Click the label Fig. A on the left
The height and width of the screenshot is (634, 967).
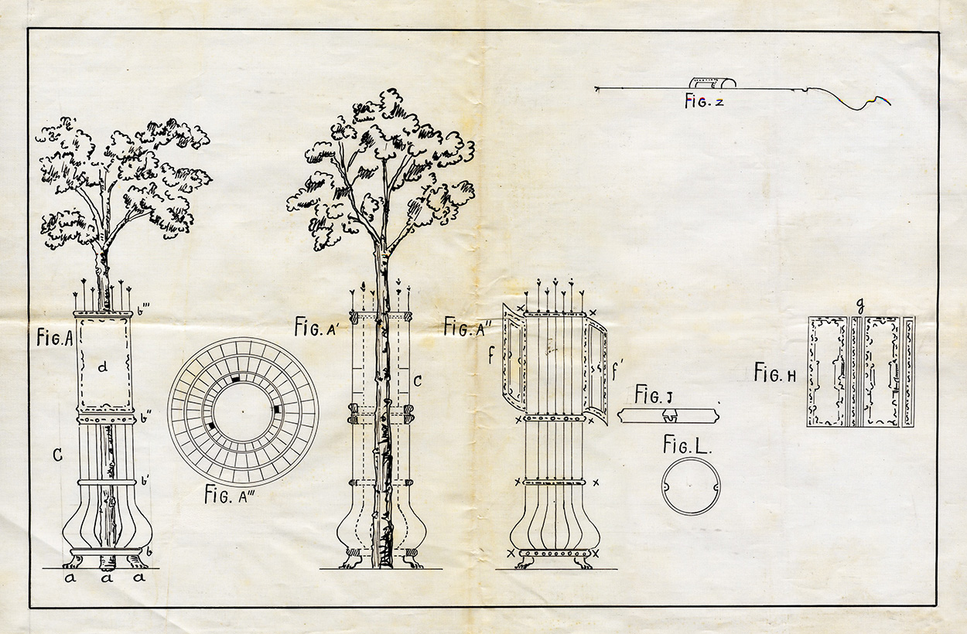54,338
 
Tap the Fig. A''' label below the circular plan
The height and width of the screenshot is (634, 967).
230,495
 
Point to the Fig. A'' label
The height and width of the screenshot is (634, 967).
466,326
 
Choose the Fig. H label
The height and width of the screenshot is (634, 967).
775,373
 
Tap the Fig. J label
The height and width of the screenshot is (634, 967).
653,394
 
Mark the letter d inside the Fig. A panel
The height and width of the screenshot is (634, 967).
102,366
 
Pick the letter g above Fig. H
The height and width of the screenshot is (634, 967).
860,305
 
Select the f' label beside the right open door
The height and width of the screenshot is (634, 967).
617,373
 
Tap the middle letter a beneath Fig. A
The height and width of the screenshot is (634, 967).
107,577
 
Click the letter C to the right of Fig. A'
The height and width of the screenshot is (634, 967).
417,381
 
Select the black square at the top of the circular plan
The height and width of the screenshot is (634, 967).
235,379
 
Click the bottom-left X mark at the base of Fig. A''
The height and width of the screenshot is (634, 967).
511,553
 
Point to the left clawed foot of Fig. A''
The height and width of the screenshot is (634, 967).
525,562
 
